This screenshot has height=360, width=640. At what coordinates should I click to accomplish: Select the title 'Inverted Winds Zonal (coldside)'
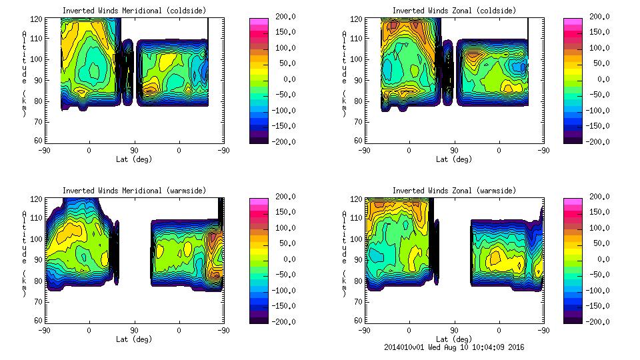pyautogui.click(x=454, y=11)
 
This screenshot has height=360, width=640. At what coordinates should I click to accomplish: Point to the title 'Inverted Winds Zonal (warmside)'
pyautogui.click(x=454, y=191)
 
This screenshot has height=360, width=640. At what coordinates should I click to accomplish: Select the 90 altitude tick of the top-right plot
pyautogui.click(x=355, y=100)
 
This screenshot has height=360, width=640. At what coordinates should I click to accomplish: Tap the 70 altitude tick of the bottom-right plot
pyautogui.click(x=355, y=301)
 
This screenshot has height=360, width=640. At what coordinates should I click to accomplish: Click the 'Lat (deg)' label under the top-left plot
pyautogui.click(x=134, y=159)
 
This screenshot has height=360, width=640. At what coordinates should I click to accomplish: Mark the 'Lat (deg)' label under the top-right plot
pyautogui.click(x=454, y=159)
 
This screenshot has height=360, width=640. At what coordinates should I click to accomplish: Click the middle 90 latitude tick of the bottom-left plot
pyautogui.click(x=134, y=330)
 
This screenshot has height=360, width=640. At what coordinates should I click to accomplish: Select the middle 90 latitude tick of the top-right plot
pyautogui.click(x=454, y=150)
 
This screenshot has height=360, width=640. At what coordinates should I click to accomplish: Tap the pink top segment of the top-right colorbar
pyautogui.click(x=573, y=22)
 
